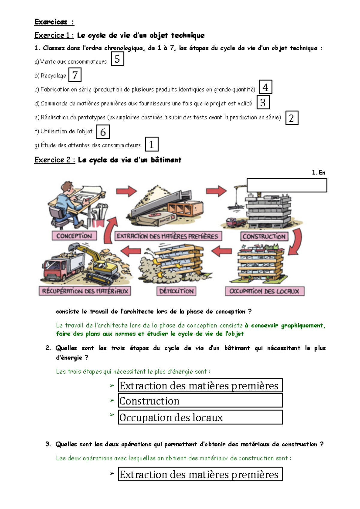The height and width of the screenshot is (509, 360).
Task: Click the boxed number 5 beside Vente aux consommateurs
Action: tap(117, 59)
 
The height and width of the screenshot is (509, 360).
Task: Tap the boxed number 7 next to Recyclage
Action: tap(75, 75)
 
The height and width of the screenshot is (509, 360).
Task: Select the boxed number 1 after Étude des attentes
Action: tap(151, 144)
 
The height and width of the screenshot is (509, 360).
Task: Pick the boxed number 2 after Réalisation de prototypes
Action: tap(292, 118)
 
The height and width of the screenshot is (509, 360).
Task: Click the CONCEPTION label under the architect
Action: tap(74, 236)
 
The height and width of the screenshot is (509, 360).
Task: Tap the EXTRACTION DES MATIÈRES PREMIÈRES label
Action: tap(168, 236)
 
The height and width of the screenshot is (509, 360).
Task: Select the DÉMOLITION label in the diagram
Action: tap(176, 291)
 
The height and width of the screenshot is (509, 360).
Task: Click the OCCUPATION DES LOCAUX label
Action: tap(265, 291)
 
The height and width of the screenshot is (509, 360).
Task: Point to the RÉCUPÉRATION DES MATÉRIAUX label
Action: tap(85, 291)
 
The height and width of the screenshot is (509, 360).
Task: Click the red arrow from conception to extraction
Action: tap(126, 191)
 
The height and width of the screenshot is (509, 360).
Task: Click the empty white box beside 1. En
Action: tap(286, 185)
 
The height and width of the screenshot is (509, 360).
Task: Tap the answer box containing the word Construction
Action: tap(200, 401)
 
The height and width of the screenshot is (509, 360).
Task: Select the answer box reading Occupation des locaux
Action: tap(200, 417)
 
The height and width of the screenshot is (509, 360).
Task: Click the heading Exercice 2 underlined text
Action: tap(54, 160)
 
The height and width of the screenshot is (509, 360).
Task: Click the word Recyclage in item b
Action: tap(53, 76)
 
